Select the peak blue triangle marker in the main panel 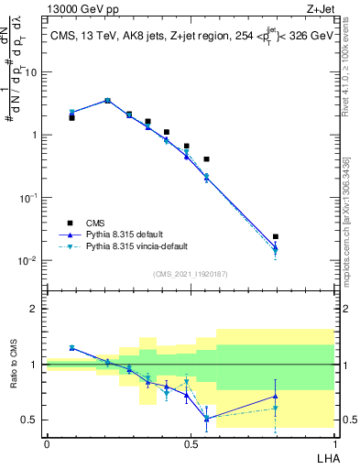[107, 101]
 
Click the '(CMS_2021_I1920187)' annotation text [190, 273]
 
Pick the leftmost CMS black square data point [71, 117]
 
